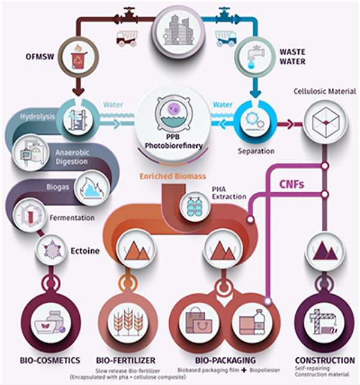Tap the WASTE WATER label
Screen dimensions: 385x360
tap(292, 56)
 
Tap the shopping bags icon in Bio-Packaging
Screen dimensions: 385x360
tap(199, 322)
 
